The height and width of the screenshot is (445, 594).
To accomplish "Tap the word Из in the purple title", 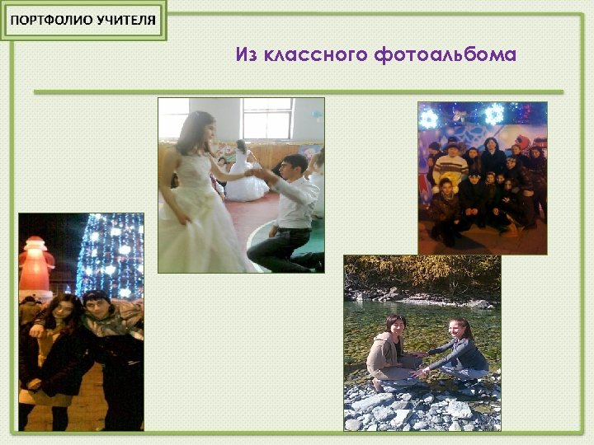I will pyautogui.click(x=247, y=55).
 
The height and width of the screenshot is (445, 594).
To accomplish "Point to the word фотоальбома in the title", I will pyautogui.click(x=445, y=55).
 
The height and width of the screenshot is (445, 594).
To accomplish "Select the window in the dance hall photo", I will pyautogui.click(x=266, y=118).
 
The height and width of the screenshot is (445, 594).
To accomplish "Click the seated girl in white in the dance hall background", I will pyautogui.click(x=244, y=177).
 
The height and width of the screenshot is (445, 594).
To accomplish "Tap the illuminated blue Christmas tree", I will pyautogui.click(x=111, y=255).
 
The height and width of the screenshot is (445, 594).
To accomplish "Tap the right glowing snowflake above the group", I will pyautogui.click(x=494, y=114).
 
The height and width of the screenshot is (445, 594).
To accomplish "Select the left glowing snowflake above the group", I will pyautogui.click(x=429, y=119).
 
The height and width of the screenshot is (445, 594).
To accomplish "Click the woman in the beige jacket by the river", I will pyautogui.click(x=388, y=350).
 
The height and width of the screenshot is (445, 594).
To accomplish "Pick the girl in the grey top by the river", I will pyautogui.click(x=462, y=350).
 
